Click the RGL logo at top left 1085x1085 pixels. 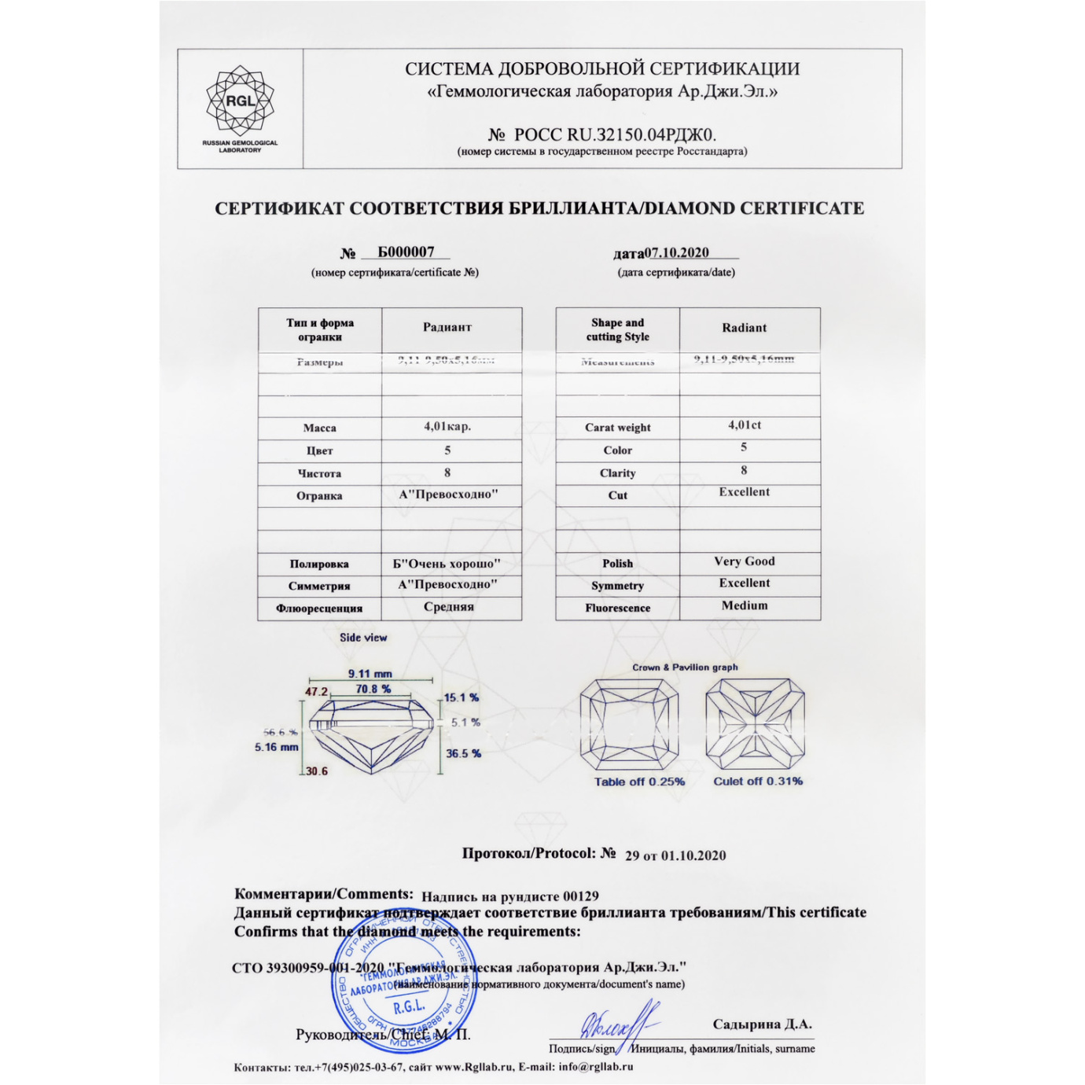pos(240,102)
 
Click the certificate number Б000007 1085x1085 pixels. pos(406,252)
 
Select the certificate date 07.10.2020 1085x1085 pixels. pos(676,252)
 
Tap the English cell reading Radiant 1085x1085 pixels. pos(744,328)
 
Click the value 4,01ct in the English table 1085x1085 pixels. pos(744,425)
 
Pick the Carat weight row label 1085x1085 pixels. pos(617,428)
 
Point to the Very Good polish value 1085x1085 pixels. pos(744,561)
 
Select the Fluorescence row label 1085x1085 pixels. pos(617,608)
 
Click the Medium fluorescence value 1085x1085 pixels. pos(744,605)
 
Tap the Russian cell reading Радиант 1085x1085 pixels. pos(447,327)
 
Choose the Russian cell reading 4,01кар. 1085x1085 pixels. pos(447,426)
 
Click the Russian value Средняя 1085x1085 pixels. pos(448,606)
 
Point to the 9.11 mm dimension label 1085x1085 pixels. pos(370,674)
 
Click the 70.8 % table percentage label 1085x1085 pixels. pos(373,689)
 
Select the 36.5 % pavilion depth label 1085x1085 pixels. pos(463,753)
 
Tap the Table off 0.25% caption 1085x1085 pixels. pos(639,782)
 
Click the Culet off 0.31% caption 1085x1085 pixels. pos(758,781)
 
